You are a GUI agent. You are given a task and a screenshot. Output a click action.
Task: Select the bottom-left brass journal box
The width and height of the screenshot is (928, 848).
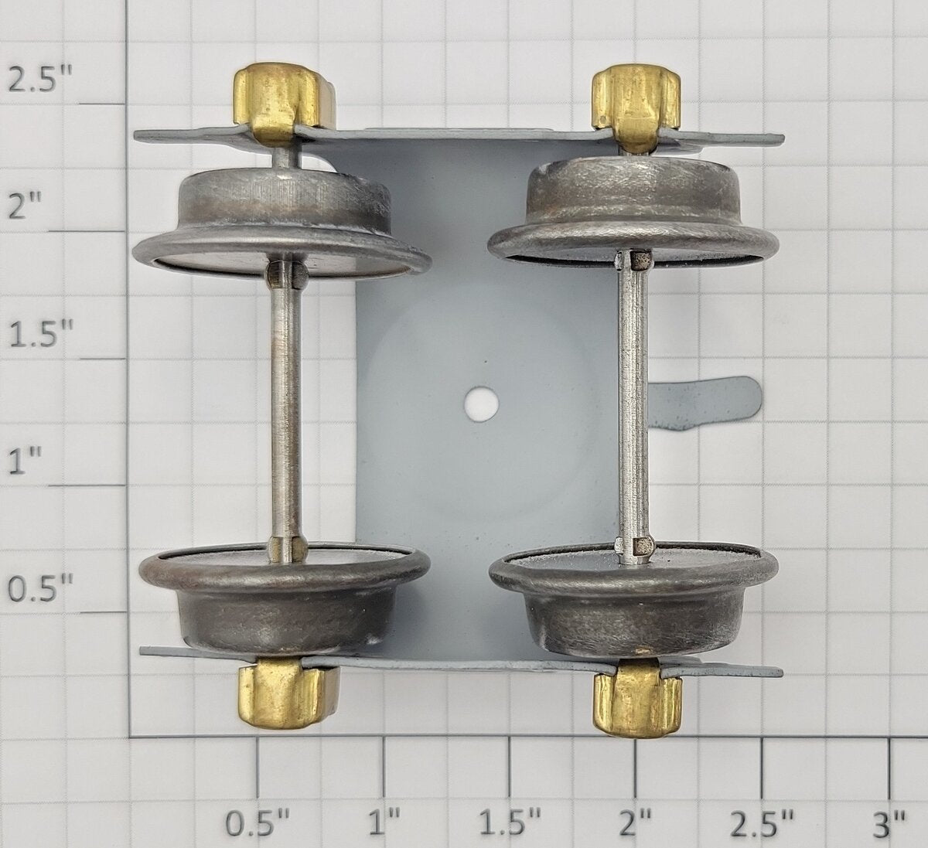pos(288,694)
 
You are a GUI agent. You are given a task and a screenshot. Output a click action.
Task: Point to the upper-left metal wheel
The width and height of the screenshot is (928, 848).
pos(281,223)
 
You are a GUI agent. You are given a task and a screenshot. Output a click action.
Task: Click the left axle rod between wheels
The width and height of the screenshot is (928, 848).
pos(286,410)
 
